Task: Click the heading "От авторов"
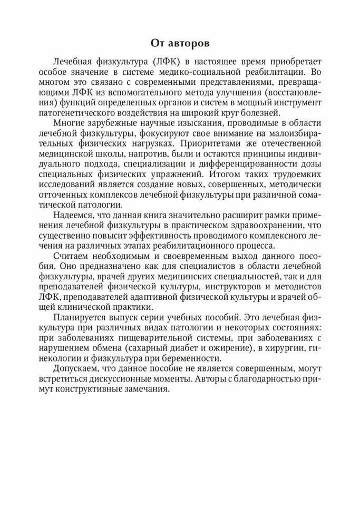pyautogui.click(x=180, y=42)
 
